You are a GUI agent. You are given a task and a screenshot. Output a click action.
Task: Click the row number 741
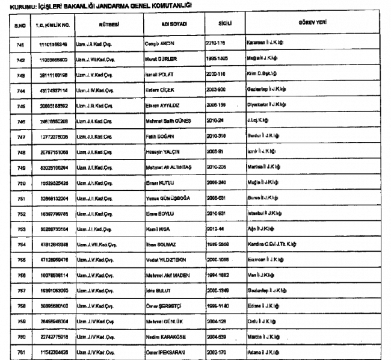pyautogui.click(x=19, y=44)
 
